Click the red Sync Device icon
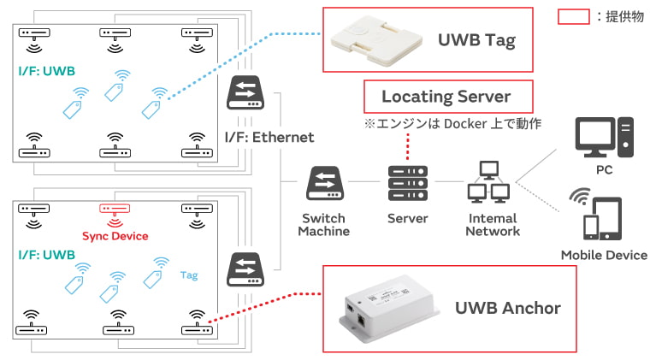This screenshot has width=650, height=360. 115,215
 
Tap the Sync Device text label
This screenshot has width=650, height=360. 115,236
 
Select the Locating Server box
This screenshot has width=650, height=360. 448,97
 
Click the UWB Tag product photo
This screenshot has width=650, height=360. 376,40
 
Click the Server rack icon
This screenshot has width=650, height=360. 407,183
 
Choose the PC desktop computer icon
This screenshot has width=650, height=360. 604,137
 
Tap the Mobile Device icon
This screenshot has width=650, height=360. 596,214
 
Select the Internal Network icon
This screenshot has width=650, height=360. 488,182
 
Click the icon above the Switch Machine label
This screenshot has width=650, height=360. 325,183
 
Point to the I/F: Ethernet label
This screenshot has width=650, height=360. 269,137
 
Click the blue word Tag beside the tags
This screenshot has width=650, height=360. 189,275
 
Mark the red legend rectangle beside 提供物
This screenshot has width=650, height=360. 573,16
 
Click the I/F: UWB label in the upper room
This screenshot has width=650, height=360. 47,71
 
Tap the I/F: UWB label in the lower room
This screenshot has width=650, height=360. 47,255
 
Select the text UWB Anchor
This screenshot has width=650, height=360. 508,308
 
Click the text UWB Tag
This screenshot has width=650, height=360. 476,40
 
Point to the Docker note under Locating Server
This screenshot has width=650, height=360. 452,123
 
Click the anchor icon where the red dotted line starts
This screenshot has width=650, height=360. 197,322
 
